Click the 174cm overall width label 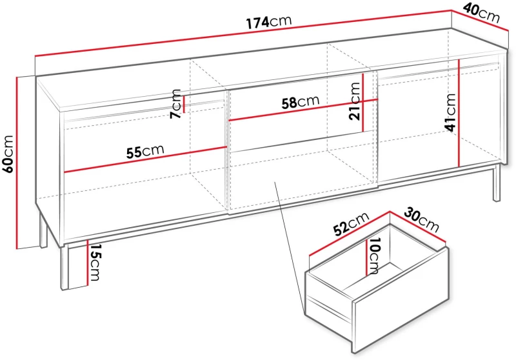pos(269,22)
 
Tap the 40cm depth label pos(481,13)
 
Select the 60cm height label pos(8,154)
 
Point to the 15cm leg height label pos(95,263)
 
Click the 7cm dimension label pos(176,104)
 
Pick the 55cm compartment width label pos(145,151)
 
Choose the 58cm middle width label pos(301,103)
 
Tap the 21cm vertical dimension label pos(355,101)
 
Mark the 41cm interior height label pos(450,112)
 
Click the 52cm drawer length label pos(351,224)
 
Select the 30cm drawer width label pos(422,219)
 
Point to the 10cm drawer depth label pos(374,255)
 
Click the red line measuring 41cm pos(459,113)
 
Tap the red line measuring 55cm pos(146,159)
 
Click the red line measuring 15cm pos(88,263)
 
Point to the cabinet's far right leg pos(496,183)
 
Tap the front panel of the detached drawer pos(401,299)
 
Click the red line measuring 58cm pos(303,110)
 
